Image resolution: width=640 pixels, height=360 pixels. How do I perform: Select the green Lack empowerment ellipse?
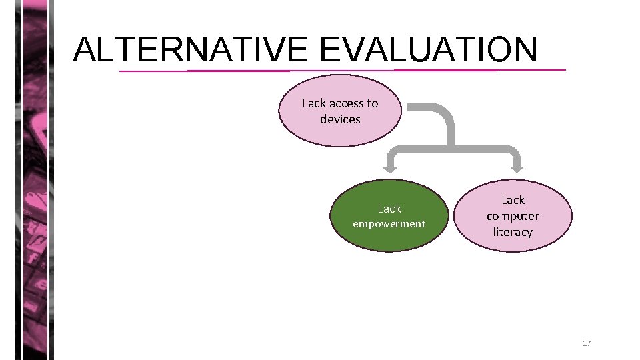click(x=389, y=215)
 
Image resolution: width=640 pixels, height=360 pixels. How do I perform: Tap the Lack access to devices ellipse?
click(x=340, y=111)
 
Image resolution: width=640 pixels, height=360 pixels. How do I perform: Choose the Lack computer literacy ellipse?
click(x=513, y=215)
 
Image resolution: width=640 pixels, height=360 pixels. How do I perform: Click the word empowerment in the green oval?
click(x=389, y=224)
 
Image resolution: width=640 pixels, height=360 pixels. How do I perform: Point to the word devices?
click(x=340, y=119)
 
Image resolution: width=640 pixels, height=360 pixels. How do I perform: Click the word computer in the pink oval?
click(x=513, y=216)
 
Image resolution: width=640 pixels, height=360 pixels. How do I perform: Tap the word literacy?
click(x=513, y=232)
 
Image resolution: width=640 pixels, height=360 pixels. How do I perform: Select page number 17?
click(x=587, y=343)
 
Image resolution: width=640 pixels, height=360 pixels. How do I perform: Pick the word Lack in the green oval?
click(x=389, y=209)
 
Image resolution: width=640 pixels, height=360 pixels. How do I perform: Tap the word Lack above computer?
click(x=513, y=200)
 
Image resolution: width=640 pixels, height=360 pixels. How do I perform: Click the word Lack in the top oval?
click(x=314, y=103)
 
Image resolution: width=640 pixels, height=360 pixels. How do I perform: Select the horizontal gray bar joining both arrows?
click(x=453, y=147)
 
